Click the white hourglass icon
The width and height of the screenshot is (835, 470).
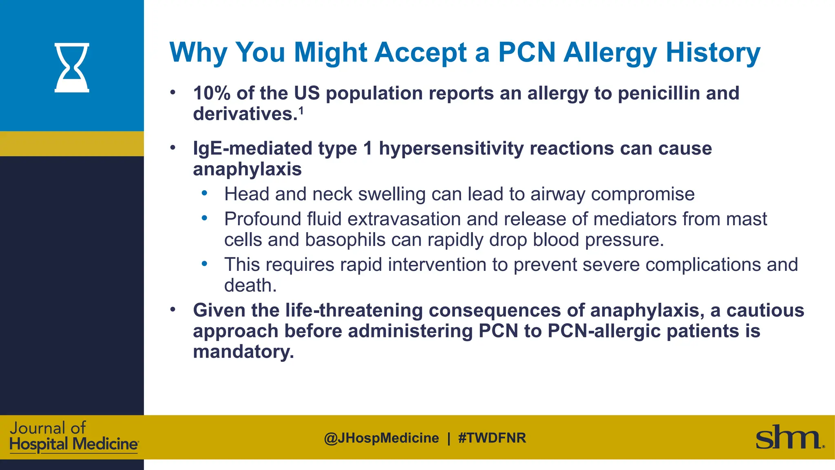[72, 68]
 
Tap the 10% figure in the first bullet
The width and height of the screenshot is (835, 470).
[212, 93]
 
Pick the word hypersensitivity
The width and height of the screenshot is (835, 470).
[451, 149]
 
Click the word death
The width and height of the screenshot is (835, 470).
[250, 285]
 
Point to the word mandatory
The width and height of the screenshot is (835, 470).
[243, 352]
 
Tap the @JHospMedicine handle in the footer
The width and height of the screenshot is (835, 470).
[381, 438]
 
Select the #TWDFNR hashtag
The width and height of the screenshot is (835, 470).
[492, 438]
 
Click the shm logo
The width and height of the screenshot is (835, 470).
[789, 438]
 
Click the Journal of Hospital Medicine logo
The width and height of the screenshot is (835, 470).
[73, 437]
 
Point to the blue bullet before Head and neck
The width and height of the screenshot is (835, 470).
[204, 193]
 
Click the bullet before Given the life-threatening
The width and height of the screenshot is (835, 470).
[173, 310]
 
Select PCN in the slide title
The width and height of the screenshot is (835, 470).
[527, 53]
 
